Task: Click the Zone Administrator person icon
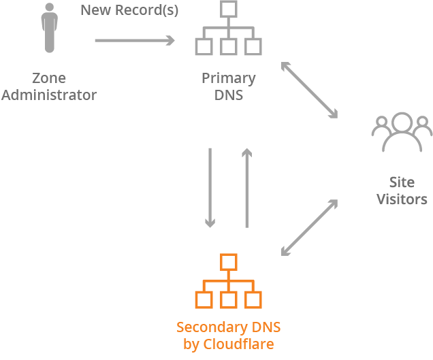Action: click(x=48, y=29)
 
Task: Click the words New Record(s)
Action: click(x=129, y=11)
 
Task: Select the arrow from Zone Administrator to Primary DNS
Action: click(x=134, y=41)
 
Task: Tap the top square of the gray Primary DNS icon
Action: click(x=229, y=10)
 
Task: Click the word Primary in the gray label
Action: click(x=228, y=78)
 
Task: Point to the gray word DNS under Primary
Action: click(x=229, y=95)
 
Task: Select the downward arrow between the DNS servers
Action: click(x=210, y=187)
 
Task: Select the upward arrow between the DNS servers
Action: click(x=246, y=187)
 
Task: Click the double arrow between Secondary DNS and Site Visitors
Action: click(x=310, y=228)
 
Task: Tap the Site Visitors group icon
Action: click(x=402, y=133)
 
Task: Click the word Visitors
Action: click(x=402, y=199)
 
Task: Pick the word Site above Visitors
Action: click(x=402, y=182)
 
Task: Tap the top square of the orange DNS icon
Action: click(x=229, y=262)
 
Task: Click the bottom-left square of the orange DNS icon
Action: click(x=204, y=299)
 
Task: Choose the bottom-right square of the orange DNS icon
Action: click(x=254, y=299)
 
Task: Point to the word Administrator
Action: click(x=49, y=95)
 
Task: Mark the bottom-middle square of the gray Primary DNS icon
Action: click(x=229, y=46)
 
